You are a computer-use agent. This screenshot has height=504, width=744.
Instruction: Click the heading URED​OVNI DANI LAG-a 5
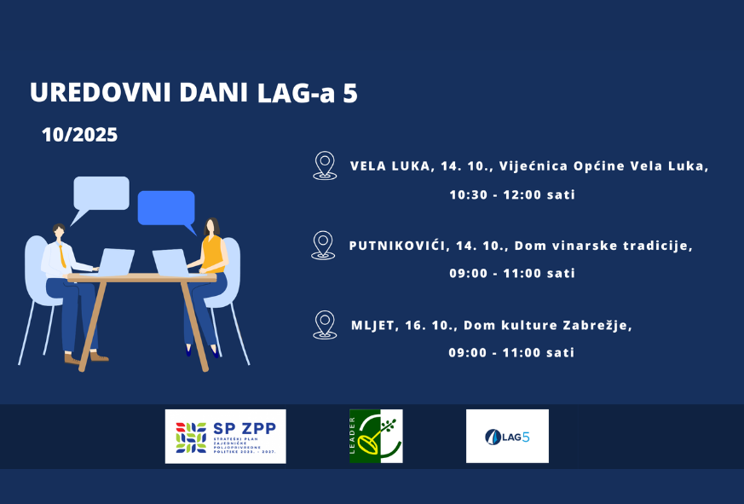193,94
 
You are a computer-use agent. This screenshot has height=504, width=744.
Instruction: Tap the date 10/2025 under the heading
79,135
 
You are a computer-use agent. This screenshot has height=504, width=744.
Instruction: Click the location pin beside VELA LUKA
325,165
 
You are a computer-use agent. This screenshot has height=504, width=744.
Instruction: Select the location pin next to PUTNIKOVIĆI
323,245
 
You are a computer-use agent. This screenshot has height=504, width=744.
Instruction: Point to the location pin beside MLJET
325,325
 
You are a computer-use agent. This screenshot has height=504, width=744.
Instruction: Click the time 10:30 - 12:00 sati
512,194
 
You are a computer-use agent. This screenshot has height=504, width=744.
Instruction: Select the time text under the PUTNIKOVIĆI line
512,274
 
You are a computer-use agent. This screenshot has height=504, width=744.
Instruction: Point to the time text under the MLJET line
511,352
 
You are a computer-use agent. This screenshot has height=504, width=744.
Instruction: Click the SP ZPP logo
226,437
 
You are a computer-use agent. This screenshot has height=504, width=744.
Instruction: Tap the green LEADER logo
376,437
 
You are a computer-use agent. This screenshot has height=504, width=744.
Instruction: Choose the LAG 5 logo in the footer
507,437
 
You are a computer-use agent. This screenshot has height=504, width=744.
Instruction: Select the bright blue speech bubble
167,208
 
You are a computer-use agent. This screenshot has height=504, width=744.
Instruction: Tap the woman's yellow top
212,252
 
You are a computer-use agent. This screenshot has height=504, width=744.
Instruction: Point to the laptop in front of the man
116,261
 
